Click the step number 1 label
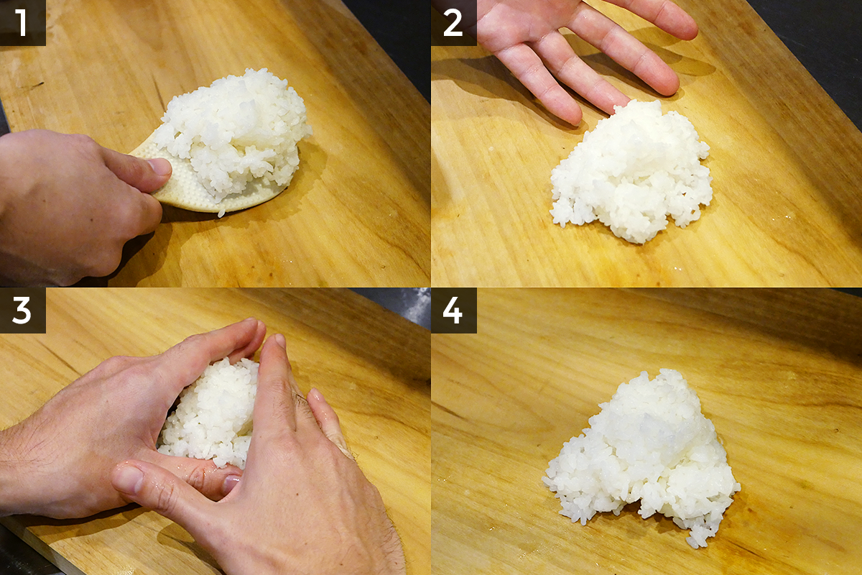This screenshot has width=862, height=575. pos(22,22)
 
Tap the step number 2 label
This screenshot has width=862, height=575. pos(453,23)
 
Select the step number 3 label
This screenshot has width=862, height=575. pos(22,310)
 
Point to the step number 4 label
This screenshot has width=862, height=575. pos(453,310)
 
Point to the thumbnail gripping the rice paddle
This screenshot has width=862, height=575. pos(159,166)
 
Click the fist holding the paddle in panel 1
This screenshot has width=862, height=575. pos(77,204)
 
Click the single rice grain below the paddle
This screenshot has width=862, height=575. pos(221,213)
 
